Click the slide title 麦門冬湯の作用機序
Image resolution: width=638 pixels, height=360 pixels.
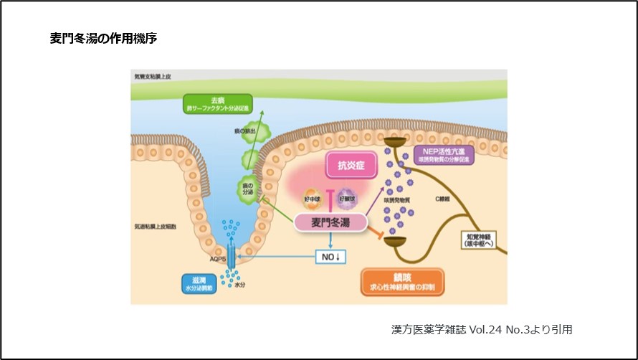[103, 39]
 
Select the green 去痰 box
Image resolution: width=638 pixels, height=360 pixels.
[218, 104]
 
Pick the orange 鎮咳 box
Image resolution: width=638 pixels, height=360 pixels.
[401, 281]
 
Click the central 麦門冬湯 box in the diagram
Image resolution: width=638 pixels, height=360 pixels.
[330, 222]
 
